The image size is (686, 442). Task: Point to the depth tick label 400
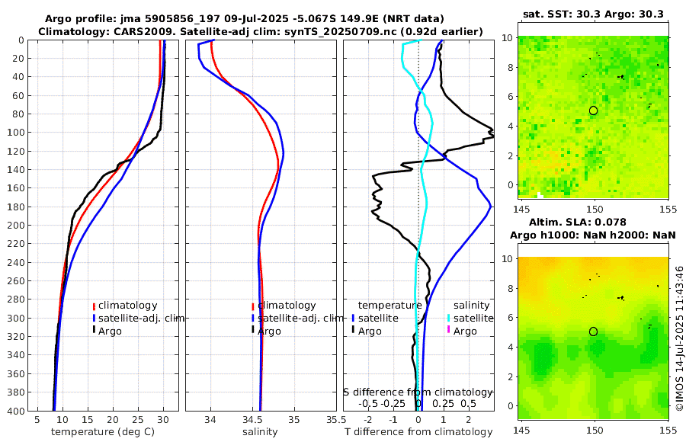point(14,411)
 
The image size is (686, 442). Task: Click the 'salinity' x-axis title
point(259,432)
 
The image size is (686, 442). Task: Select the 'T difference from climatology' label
point(418,432)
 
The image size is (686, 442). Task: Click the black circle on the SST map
point(593,110)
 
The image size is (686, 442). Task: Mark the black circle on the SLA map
point(593,331)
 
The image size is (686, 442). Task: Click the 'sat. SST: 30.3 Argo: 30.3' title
point(593,14)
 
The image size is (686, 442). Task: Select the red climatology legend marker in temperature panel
point(94,306)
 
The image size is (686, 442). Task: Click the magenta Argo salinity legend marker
point(449,331)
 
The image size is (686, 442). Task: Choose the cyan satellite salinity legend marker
point(449,318)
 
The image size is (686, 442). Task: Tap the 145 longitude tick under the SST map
point(523,208)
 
